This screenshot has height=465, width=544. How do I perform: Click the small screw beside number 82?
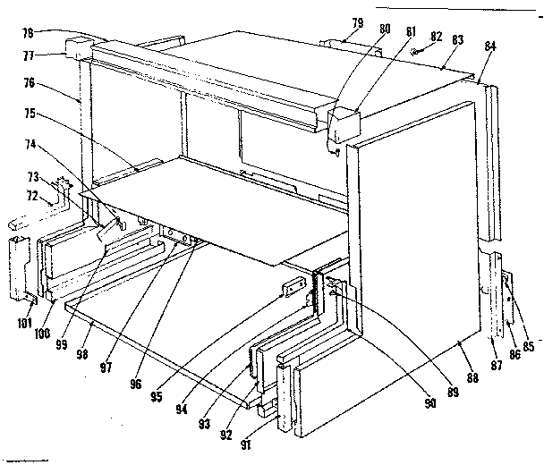click(418, 53)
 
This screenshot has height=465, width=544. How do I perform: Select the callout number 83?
click(457, 40)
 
